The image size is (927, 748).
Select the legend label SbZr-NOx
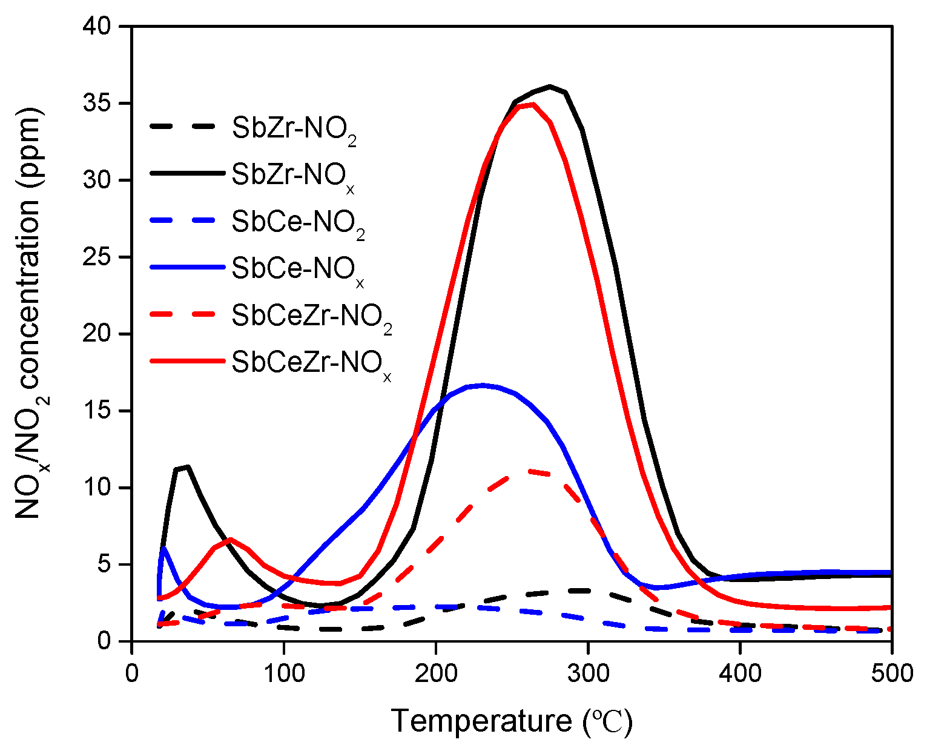(x=292, y=176)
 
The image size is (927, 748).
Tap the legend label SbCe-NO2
(x=298, y=223)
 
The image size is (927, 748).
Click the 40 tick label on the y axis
(x=101, y=27)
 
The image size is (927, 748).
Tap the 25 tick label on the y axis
(x=101, y=257)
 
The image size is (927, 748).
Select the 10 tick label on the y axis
(x=101, y=488)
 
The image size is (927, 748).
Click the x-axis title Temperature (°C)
(x=512, y=721)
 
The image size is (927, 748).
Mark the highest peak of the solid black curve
(x=550, y=86)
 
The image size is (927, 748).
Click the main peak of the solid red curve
(x=532, y=104)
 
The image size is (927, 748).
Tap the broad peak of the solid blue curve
(x=483, y=385)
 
